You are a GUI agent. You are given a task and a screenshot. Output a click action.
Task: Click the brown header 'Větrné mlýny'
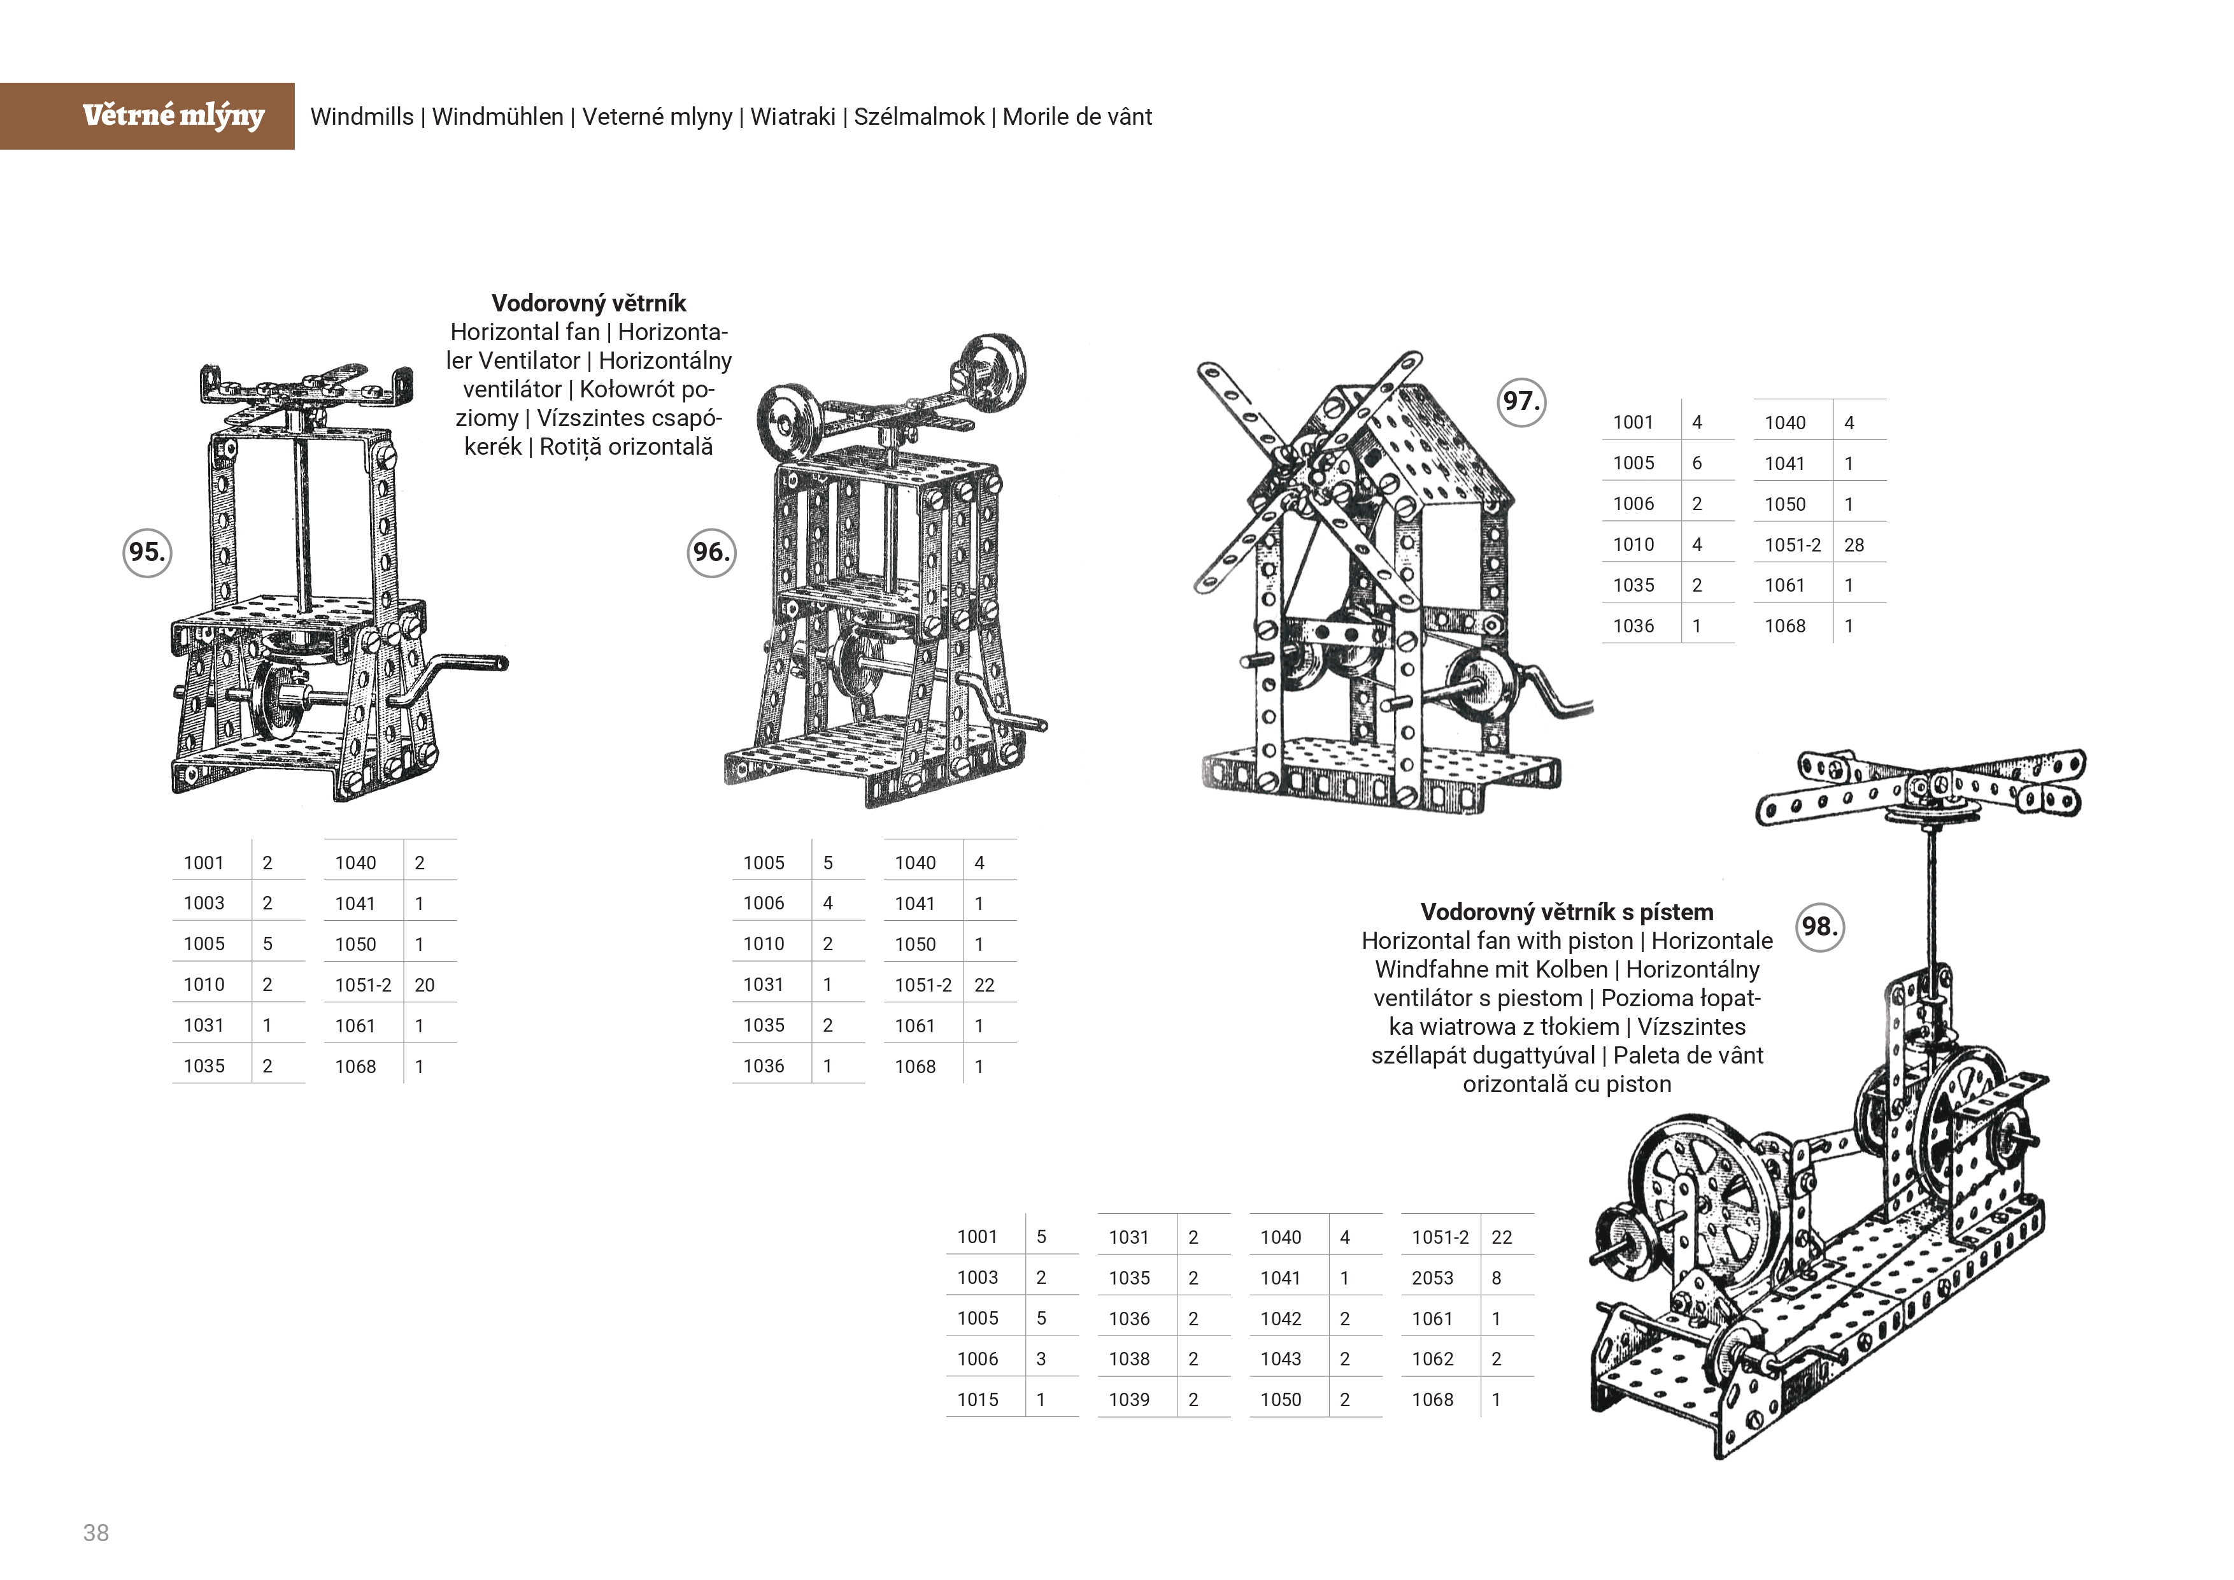[173, 116]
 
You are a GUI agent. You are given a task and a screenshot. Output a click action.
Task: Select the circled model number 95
[147, 553]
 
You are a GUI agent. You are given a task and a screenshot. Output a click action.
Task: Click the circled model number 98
[1819, 926]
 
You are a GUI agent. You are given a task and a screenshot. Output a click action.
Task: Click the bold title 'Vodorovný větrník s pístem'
[1567, 911]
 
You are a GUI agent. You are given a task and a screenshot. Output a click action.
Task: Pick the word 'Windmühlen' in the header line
[497, 117]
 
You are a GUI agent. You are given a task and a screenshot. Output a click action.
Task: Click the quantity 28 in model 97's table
[1854, 545]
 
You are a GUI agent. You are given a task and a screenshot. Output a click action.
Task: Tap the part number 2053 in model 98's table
[1432, 1278]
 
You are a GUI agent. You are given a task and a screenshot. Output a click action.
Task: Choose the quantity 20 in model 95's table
[424, 985]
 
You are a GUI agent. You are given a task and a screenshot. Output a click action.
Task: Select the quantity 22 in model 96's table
[984, 985]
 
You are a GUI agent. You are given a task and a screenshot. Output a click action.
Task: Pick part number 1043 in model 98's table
[1281, 1358]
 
